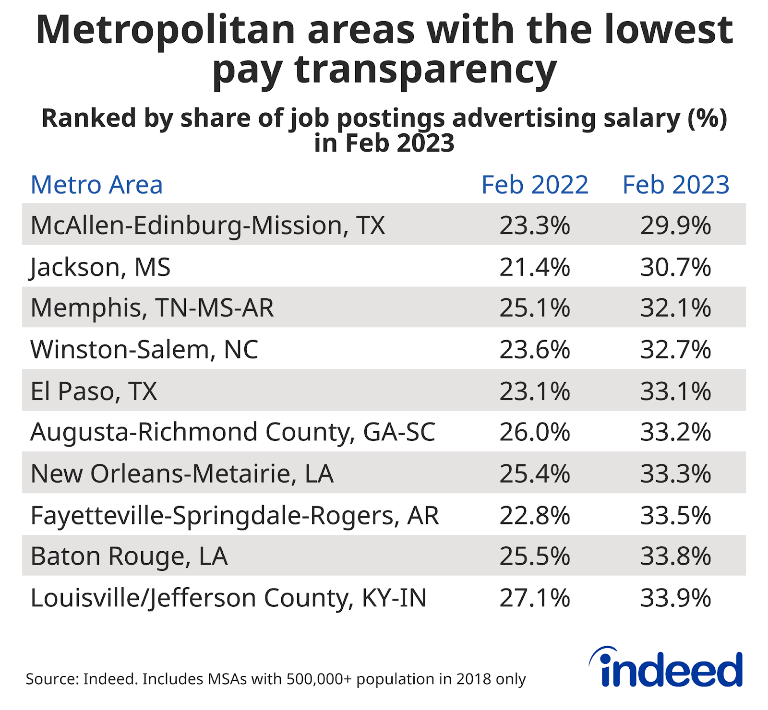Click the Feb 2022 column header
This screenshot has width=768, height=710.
[x=535, y=185]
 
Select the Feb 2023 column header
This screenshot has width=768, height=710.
[x=676, y=185]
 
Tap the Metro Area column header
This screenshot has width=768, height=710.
[x=96, y=185]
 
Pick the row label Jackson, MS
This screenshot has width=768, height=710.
[x=100, y=267]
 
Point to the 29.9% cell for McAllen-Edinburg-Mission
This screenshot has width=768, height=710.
[x=676, y=225]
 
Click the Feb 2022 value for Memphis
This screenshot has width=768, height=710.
[x=535, y=308]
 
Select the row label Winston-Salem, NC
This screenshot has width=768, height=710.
[x=144, y=349]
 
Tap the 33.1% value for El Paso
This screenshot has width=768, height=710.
[x=676, y=391]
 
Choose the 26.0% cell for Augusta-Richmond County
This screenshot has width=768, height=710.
[x=535, y=432]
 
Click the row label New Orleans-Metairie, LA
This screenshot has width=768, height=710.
[x=182, y=473]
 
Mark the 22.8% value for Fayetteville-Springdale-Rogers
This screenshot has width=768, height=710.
[x=535, y=515]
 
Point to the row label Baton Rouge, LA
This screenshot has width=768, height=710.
[x=129, y=556]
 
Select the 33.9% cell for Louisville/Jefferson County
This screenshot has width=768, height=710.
[x=676, y=598]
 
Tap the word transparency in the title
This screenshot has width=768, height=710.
[x=425, y=70]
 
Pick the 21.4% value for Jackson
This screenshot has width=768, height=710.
[x=535, y=267]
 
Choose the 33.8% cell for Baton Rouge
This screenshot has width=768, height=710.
[x=676, y=556]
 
